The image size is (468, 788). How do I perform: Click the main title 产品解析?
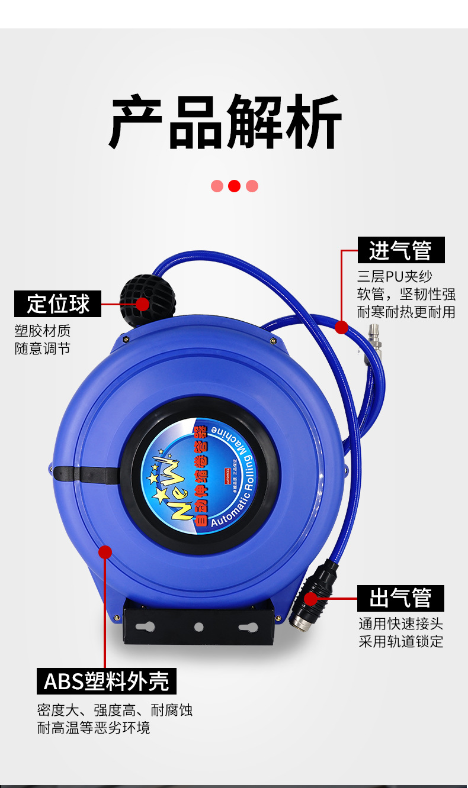point(226,122)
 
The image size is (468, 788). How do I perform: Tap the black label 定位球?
point(58,304)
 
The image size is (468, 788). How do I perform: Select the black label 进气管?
point(400,250)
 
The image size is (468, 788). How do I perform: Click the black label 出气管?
point(400,598)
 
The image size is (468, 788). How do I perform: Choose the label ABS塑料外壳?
point(107,681)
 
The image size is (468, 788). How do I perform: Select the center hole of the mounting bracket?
point(199,626)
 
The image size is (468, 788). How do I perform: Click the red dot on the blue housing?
point(105,552)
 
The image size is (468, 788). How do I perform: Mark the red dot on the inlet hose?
point(341,327)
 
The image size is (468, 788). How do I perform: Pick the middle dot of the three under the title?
point(235,186)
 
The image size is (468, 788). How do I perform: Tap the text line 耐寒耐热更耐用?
point(406,312)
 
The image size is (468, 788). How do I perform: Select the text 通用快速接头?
point(400,624)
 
